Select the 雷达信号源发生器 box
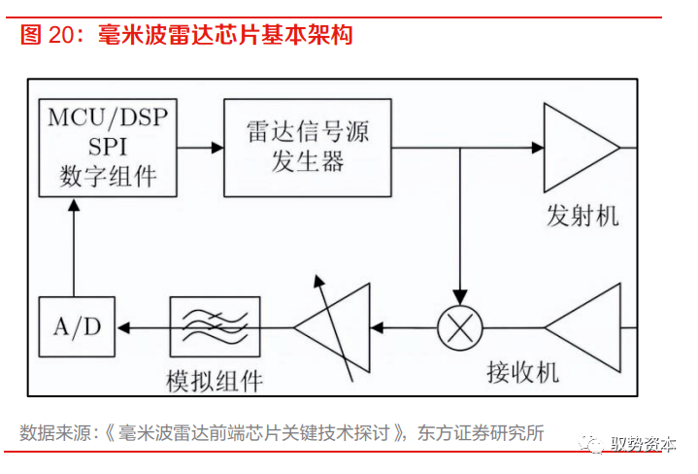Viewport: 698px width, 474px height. tap(308, 148)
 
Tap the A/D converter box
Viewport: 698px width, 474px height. tap(77, 326)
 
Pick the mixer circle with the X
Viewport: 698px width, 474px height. tap(461, 327)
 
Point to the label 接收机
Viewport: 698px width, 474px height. tap(523, 372)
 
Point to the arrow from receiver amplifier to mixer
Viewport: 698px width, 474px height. tap(515, 327)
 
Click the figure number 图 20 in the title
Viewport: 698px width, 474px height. tap(48, 36)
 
